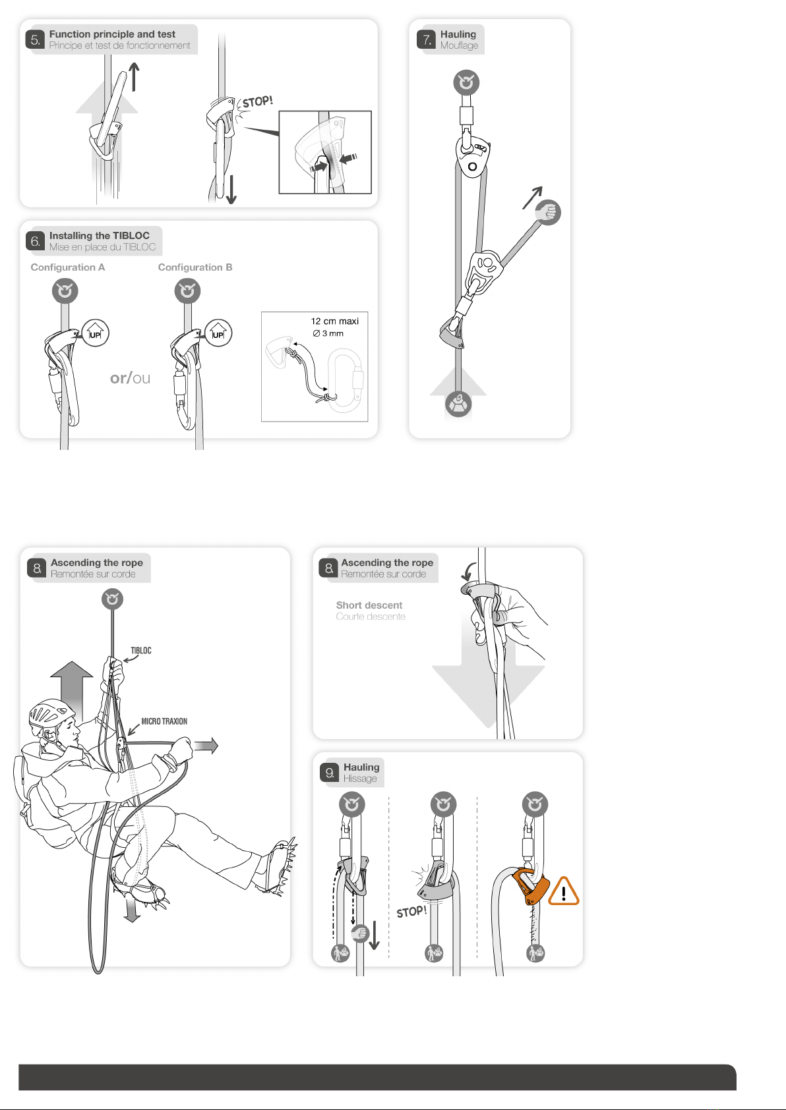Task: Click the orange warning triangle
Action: click(563, 891)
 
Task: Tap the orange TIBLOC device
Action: click(530, 885)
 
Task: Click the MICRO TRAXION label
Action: click(164, 721)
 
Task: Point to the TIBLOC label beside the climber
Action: click(141, 651)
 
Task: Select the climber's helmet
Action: click(51, 715)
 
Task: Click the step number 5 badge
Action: click(35, 40)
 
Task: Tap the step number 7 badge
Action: click(426, 40)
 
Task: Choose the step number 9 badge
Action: click(329, 773)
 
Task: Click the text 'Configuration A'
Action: click(68, 267)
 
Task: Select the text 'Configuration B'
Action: click(195, 267)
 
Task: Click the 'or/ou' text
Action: click(130, 378)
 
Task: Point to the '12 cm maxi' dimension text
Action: click(335, 321)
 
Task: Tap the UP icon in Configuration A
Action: click(95, 333)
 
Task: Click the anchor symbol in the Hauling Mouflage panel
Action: click(466, 82)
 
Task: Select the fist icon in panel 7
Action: click(548, 213)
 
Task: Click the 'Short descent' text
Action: click(369, 605)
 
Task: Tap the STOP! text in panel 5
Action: click(257, 102)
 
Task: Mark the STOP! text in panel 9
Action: click(411, 912)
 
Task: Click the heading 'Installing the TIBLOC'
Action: click(99, 236)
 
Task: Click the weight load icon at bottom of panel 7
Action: click(458, 404)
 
